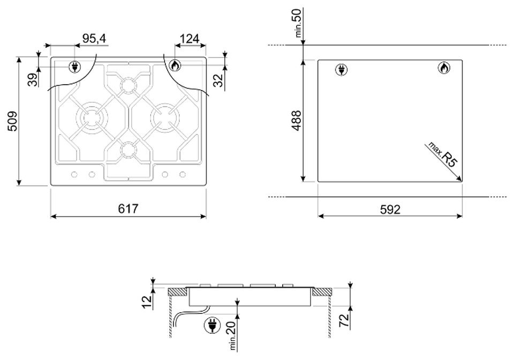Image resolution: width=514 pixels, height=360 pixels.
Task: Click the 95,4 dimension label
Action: [94, 39]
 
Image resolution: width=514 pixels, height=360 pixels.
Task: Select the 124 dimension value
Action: [190, 39]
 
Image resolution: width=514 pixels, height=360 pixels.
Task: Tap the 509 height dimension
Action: [12, 121]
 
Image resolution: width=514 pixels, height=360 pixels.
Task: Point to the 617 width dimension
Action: [128, 208]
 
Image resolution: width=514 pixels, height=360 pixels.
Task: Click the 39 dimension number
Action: [33, 80]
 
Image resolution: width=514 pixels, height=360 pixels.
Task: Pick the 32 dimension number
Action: [218, 80]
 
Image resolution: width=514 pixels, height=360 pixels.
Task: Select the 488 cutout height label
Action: [296, 121]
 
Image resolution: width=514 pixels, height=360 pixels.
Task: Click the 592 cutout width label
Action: [390, 209]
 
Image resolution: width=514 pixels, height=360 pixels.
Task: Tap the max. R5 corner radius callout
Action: [442, 155]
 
